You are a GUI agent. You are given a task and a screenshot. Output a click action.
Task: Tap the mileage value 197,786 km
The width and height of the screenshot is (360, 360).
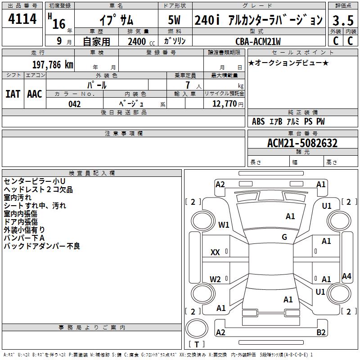pos(53,64)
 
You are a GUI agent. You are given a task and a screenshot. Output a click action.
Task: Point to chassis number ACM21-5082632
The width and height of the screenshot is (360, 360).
pos(302,143)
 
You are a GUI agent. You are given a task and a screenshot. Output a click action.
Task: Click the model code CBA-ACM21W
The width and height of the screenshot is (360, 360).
pos(258,41)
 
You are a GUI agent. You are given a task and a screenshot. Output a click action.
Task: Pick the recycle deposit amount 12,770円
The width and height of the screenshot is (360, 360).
pos(224,104)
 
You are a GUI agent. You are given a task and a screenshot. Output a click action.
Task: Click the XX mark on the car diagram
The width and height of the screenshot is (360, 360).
pos(215,252)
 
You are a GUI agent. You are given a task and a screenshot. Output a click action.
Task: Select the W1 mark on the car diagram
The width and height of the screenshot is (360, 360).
pos(224,225)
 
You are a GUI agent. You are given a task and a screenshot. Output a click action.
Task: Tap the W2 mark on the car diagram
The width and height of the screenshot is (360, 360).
pos(215,279)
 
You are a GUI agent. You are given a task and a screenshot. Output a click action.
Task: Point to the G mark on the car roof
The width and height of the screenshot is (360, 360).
pos(284,237)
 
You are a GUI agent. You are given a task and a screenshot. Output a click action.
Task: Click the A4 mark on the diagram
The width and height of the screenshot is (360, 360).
pos(346,276)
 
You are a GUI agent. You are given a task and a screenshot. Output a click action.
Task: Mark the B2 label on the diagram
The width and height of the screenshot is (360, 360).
pos(321,333)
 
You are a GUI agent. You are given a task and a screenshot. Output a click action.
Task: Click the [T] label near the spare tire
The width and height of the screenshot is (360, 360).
pos(196,345)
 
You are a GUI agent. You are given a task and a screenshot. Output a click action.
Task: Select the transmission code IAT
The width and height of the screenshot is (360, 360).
pos(13,94)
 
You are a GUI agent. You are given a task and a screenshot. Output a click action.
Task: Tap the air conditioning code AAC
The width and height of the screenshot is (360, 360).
pos(35,94)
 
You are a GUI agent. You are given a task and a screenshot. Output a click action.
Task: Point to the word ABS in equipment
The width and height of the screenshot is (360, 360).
pos(258,121)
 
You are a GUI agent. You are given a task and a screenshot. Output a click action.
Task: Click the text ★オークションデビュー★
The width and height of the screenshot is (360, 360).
pos(288,63)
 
